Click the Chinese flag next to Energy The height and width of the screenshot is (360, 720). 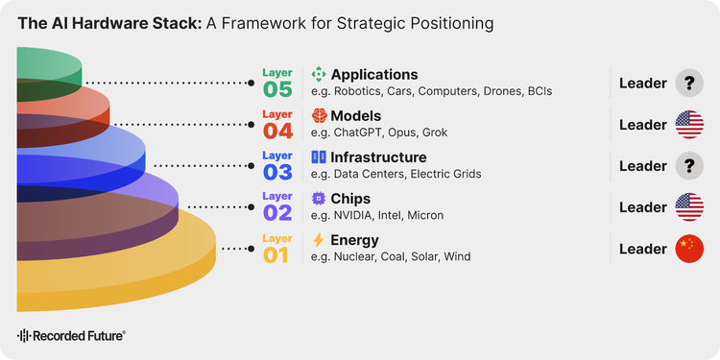[689, 249]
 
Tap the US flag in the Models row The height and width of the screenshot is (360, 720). [689, 125]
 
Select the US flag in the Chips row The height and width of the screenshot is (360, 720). [689, 207]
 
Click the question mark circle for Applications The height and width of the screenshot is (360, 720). [689, 84]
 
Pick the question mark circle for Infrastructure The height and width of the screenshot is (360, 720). [689, 166]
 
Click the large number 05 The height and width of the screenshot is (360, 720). [277, 89]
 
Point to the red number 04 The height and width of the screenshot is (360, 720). [277, 131]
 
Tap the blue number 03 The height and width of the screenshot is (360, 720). [277, 172]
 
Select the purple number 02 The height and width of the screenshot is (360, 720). [277, 213]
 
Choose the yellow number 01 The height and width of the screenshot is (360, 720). [276, 255]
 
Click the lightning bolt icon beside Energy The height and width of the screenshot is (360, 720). [318, 240]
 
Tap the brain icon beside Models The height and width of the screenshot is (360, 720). [319, 115]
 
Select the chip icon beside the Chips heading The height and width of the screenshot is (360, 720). [318, 199]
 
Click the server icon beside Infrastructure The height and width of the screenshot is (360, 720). [318, 157]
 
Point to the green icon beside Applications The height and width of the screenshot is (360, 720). [318, 74]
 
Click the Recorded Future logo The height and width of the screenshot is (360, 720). [71, 336]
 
